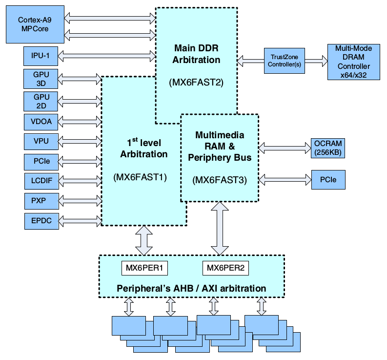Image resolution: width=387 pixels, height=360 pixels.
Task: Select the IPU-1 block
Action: point(41,56)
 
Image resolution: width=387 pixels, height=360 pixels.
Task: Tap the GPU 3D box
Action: point(41,79)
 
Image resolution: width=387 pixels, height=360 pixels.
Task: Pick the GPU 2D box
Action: point(41,101)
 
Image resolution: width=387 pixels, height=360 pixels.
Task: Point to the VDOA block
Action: point(41,122)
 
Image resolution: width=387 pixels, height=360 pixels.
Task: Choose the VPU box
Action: point(41,142)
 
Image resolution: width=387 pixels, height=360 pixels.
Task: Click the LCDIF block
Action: point(41,181)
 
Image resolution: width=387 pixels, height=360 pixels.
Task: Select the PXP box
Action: point(41,200)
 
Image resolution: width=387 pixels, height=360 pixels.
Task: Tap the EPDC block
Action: point(41,220)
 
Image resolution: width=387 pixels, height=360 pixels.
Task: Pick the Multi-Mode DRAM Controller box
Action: point(353,60)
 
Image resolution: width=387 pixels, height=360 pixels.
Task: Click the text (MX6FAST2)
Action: point(196,82)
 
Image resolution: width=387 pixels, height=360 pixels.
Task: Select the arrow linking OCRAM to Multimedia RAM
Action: point(284,146)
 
